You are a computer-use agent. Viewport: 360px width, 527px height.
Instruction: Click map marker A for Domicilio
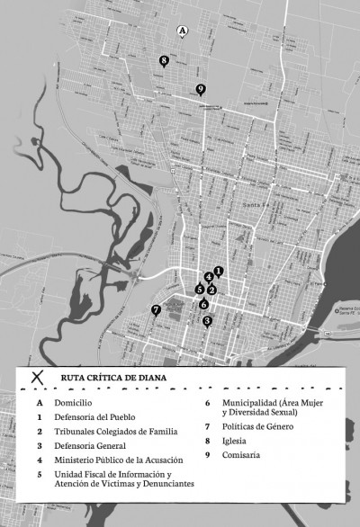pos(183,31)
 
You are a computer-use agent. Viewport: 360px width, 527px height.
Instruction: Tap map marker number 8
pos(164,60)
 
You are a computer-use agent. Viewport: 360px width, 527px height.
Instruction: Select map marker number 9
pos(200,88)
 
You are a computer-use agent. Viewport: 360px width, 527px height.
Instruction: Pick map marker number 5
pos(199,289)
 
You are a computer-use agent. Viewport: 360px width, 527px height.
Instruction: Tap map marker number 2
pos(211,290)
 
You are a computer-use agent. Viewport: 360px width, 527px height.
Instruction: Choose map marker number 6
pos(204,304)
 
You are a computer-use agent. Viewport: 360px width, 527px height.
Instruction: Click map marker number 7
pos(156,309)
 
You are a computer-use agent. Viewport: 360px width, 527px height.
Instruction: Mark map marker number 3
pos(207,321)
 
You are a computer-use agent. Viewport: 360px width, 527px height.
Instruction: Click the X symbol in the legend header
pos(38,379)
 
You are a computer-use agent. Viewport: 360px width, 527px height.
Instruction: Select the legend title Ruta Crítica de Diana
pos(113,379)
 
